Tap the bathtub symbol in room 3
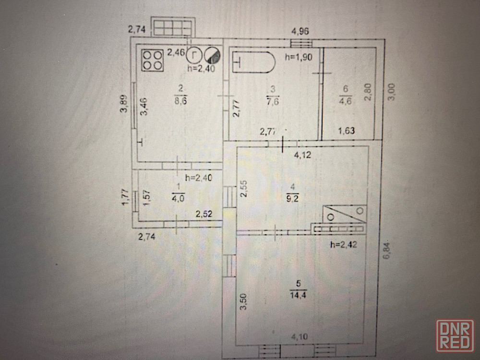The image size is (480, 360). coord(254,62)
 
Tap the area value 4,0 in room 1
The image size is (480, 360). coord(178,196)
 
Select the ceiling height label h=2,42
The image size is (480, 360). coord(344,245)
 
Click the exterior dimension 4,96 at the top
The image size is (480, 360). coord(300,32)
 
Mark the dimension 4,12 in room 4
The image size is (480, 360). coord(303,155)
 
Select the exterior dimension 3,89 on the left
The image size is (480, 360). coord(124,104)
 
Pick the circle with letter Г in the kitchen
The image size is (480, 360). coord(193,54)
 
